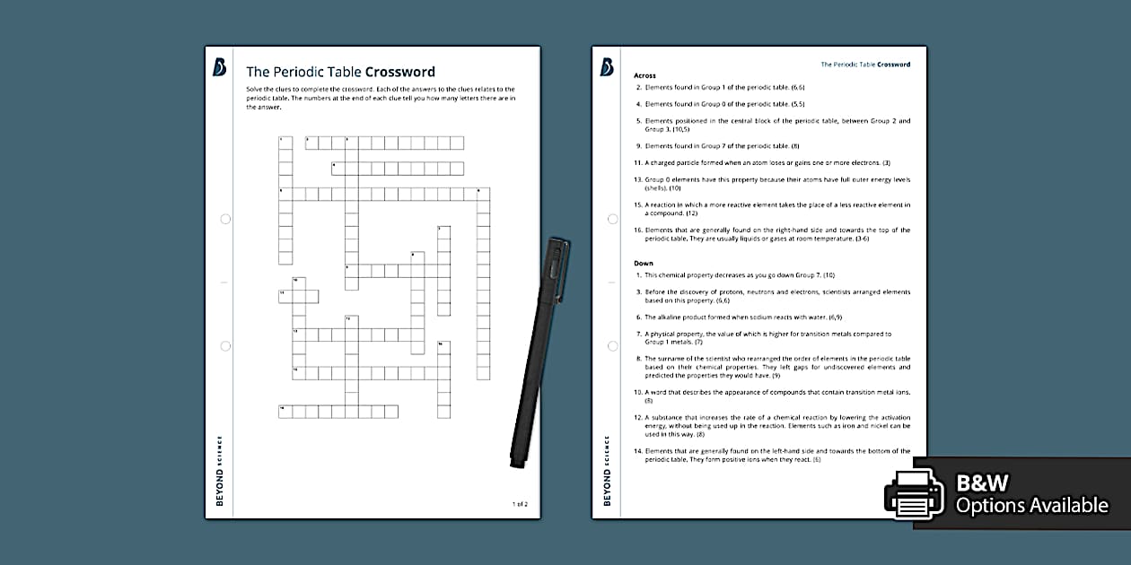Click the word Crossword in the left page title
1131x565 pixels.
[399, 72]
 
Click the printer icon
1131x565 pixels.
[914, 494]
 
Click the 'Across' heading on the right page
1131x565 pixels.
[644, 75]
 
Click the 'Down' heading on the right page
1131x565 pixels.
[644, 264]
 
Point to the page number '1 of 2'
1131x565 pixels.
[520, 504]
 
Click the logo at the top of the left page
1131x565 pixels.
[219, 67]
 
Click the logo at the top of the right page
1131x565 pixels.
[607, 67]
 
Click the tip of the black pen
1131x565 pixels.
[516, 464]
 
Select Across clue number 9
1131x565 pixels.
[718, 145]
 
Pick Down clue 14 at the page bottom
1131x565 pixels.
[772, 455]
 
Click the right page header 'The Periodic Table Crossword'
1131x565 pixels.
[865, 65]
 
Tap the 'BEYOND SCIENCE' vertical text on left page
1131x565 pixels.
[220, 471]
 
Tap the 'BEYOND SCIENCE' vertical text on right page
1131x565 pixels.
[607, 471]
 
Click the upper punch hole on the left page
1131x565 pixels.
[225, 219]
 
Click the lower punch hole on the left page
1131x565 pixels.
[225, 345]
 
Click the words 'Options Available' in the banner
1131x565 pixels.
[1031, 506]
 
